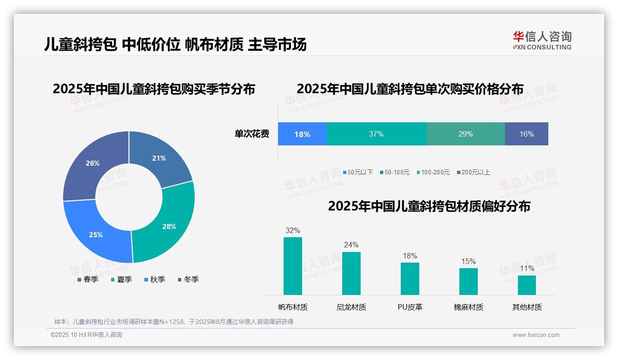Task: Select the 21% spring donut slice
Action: [159, 158]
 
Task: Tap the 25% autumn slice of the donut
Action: [96, 234]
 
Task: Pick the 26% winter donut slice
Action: [93, 163]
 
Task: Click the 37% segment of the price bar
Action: [376, 134]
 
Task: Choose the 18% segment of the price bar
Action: [302, 134]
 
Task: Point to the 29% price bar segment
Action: [465, 134]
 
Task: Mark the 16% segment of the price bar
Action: [526, 134]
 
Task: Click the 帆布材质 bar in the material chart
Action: [292, 266]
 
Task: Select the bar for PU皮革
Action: [410, 278]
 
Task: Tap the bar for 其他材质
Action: [527, 285]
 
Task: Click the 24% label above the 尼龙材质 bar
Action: [351, 245]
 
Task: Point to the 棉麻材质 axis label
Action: [469, 307]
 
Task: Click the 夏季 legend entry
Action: [122, 279]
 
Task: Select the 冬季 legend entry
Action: [188, 279]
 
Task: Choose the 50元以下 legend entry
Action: [358, 172]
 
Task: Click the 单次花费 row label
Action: [252, 134]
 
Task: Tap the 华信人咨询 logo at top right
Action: [542, 40]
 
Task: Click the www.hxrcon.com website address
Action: [536, 335]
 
